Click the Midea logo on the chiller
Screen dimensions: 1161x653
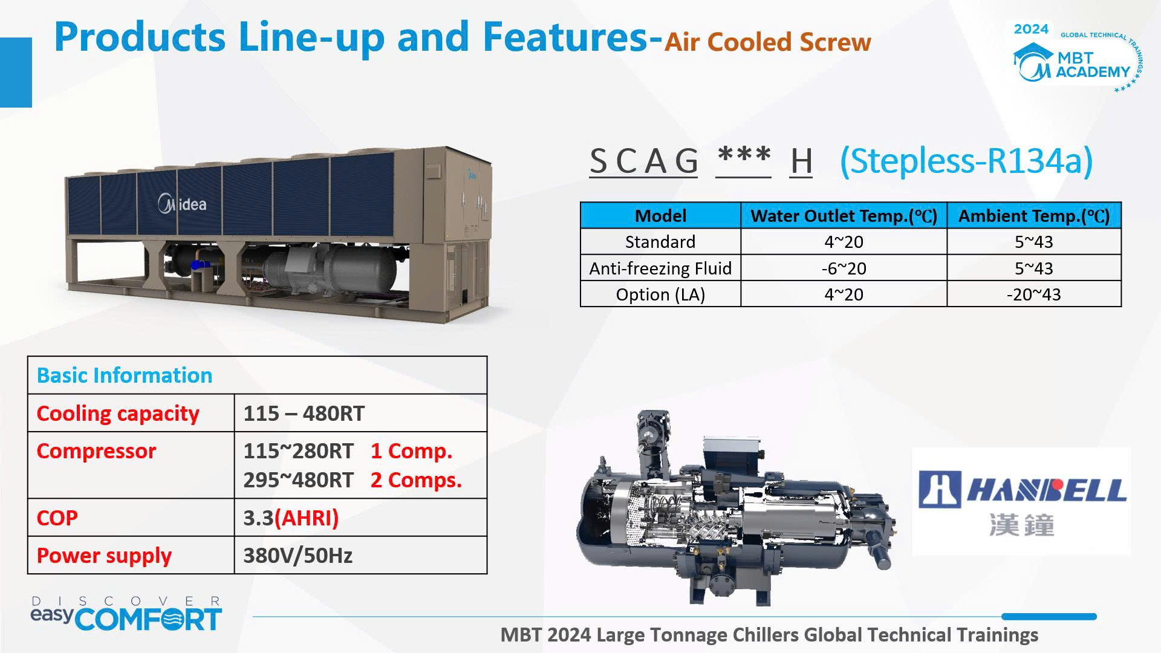182,204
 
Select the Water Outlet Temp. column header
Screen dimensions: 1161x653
844,216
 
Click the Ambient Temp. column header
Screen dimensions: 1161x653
1034,216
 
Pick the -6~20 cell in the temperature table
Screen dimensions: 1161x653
844,268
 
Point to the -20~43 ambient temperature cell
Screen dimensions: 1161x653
1033,294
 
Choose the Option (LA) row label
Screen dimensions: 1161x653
660,294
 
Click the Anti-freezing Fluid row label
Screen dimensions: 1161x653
660,268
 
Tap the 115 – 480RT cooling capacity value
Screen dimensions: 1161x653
304,414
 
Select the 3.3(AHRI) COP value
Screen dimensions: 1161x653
291,518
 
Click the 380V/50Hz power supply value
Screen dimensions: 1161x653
298,556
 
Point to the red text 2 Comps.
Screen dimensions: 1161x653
416,480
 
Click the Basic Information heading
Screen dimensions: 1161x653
125,375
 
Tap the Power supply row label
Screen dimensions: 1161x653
104,556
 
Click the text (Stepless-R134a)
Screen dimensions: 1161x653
966,161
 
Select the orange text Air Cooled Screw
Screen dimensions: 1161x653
768,42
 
